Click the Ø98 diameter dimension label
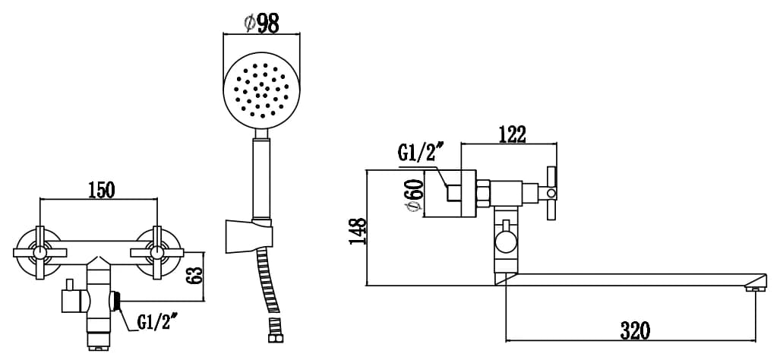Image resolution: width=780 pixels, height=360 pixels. pyautogui.click(x=262, y=23)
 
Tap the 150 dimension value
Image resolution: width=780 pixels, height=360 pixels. pyautogui.click(x=101, y=189)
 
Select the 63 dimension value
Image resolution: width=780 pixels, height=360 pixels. pyautogui.click(x=196, y=275)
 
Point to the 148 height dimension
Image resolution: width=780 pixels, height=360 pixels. pyautogui.click(x=358, y=231)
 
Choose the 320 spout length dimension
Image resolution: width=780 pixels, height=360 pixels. pyautogui.click(x=635, y=330)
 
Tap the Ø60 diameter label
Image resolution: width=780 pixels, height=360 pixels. pyautogui.click(x=416, y=195)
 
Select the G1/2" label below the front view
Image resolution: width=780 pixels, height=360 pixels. pyautogui.click(x=156, y=324)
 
